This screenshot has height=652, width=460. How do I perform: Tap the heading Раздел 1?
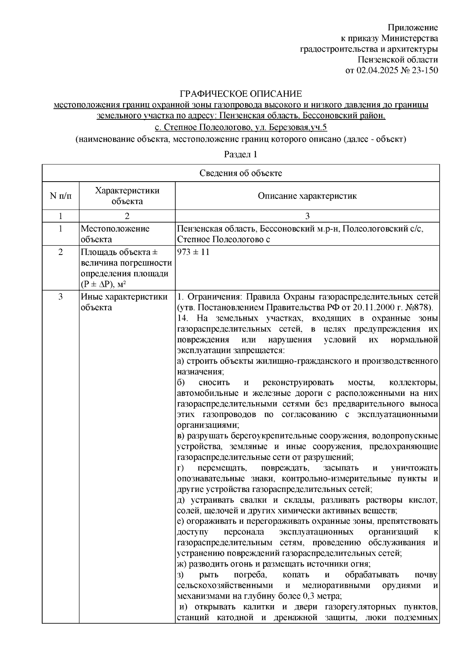click(x=240, y=154)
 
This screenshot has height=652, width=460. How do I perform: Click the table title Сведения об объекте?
click(x=240, y=173)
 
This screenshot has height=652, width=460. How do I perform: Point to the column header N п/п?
click(x=60, y=196)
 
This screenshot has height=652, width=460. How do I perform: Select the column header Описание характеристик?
click(x=307, y=196)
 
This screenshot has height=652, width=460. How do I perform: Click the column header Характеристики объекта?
click(x=127, y=196)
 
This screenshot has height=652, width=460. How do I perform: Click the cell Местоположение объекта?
click(x=115, y=234)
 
